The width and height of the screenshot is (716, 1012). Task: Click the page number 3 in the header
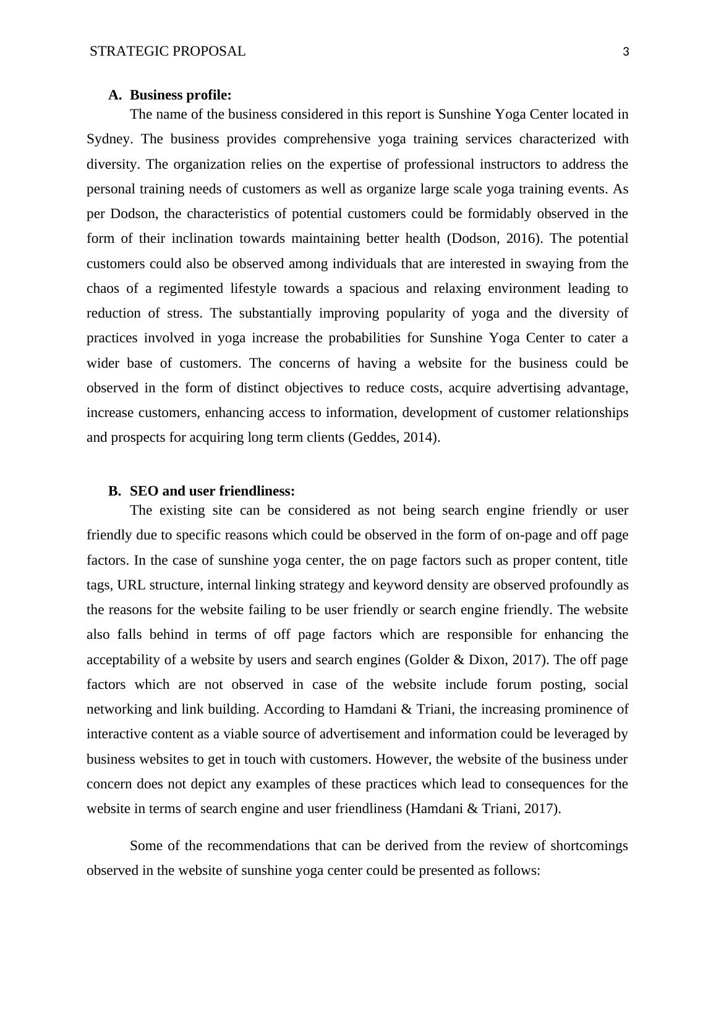point(626,52)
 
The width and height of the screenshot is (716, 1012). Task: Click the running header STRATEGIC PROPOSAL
point(168,51)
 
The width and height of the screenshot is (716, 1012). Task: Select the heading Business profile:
point(181,95)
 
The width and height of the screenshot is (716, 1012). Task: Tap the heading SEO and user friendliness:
point(212,491)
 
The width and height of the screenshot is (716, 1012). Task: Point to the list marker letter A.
point(114,95)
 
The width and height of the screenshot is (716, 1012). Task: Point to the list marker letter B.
point(114,491)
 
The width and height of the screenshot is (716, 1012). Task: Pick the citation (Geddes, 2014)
point(394,437)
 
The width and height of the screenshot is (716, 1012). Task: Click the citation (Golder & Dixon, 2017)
point(476,660)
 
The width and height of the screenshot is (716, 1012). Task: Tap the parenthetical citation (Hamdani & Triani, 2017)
point(483,809)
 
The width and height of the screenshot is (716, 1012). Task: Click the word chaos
point(102,289)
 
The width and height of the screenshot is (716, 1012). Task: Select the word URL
point(130,585)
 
